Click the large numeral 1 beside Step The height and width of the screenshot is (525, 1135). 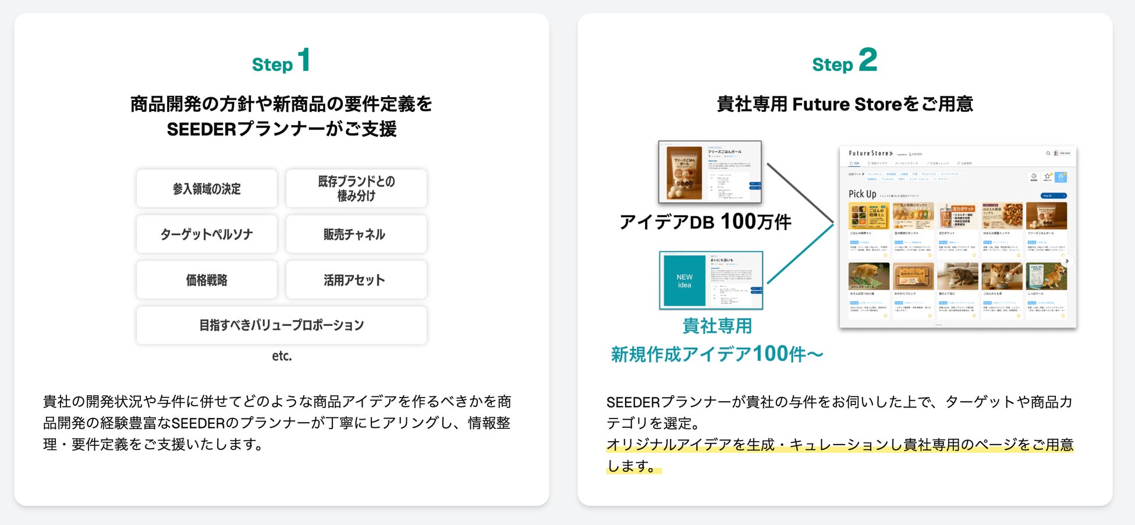304,61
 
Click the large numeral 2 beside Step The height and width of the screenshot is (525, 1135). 868,60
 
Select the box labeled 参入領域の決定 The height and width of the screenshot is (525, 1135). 207,189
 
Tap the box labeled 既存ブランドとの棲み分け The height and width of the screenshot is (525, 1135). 356,189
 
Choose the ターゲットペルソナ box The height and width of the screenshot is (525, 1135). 207,234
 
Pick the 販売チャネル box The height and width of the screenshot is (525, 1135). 356,234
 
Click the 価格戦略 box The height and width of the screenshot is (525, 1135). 207,280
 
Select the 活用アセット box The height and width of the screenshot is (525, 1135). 356,280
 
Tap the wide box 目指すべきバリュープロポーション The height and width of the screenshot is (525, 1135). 282,325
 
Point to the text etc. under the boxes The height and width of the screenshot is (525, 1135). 282,356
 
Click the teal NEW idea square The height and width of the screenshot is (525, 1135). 684,281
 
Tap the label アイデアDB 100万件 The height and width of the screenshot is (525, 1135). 705,222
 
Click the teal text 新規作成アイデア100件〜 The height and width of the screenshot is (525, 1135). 717,354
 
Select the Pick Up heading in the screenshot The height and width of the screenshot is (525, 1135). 862,194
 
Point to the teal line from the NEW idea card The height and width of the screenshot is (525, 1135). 800,254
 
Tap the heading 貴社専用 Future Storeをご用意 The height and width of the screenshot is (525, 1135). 845,104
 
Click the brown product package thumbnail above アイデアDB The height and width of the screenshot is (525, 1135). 684,172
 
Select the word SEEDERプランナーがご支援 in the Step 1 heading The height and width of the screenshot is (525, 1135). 282,129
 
